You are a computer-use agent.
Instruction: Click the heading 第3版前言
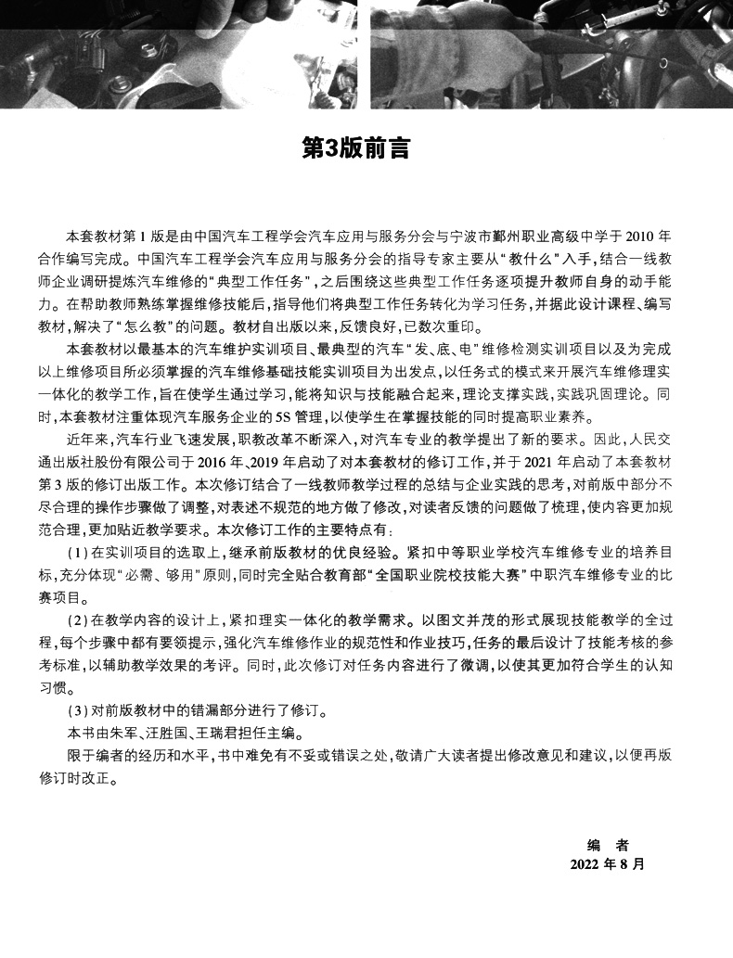click(357, 147)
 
